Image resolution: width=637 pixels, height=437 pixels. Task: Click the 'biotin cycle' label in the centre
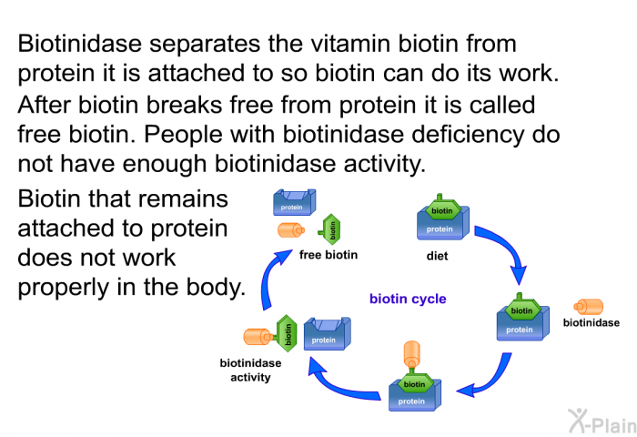point(408,298)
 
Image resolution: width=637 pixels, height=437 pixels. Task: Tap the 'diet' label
point(438,256)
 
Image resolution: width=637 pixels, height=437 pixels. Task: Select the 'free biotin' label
point(329,255)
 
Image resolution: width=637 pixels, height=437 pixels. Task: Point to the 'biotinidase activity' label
point(250,370)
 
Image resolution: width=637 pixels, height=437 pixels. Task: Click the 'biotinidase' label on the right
point(591,322)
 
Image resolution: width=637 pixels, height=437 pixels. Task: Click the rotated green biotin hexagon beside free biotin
point(332,230)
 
